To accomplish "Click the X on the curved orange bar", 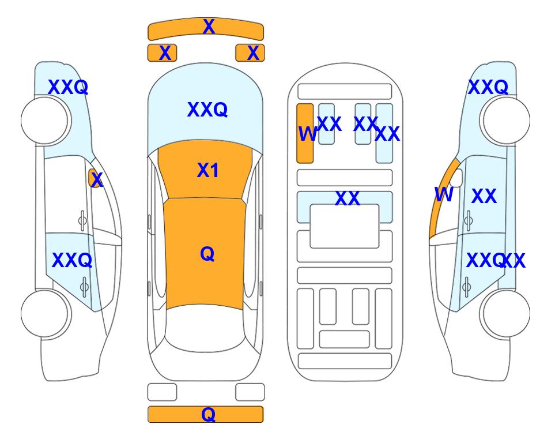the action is point(209,27).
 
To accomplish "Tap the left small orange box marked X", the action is point(162,53).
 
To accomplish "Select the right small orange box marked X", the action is point(250,53).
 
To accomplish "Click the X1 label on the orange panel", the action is point(208,170).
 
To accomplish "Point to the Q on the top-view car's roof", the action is point(207,254).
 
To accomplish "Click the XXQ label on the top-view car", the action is point(207,110).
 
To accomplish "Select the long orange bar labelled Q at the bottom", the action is point(206,414).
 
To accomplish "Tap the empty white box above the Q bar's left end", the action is point(162,392).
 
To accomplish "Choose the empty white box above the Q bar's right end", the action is point(250,392).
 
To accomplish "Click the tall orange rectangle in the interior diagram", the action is point(305,134).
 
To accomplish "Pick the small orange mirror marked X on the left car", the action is point(95,178).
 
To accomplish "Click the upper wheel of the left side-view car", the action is point(44,121).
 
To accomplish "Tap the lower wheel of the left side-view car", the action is point(44,313).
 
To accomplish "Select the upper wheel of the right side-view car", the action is point(507,121).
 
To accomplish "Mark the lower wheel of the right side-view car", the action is point(507,313).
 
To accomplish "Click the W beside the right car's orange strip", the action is point(444,194).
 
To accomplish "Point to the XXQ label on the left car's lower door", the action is point(72,261).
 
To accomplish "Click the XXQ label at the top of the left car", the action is point(68,87).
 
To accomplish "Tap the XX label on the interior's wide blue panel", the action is point(347,198).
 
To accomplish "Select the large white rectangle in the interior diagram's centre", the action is point(345,226).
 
